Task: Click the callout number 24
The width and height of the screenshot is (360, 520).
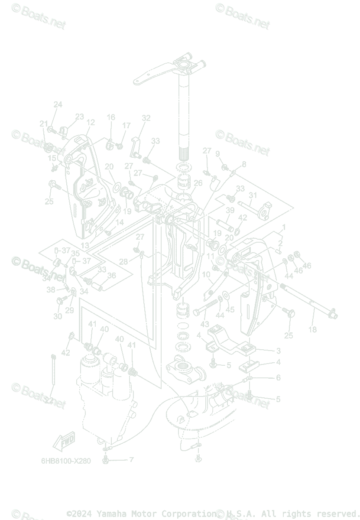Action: click(58, 104)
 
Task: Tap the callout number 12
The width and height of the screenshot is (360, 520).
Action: click(90, 123)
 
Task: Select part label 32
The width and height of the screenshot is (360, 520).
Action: click(146, 118)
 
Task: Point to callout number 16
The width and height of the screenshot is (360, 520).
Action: click(111, 117)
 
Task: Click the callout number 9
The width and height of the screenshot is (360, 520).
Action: click(217, 154)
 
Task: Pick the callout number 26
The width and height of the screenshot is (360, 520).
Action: click(198, 183)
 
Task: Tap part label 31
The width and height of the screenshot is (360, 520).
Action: click(253, 195)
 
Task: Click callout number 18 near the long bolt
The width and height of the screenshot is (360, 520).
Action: click(312, 329)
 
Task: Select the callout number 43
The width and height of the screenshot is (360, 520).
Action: click(204, 325)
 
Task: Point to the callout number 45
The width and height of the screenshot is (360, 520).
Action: click(230, 310)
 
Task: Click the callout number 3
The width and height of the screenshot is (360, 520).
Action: click(279, 351)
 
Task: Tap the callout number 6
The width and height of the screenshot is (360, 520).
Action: click(278, 378)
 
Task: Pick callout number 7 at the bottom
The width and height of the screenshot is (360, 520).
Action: click(131, 459)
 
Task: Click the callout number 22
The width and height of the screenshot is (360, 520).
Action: click(49, 401)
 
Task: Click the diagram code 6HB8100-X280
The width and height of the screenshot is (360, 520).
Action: click(66, 461)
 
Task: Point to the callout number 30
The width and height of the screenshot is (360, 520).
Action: click(58, 317)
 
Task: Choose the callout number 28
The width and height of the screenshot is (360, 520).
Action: click(123, 262)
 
